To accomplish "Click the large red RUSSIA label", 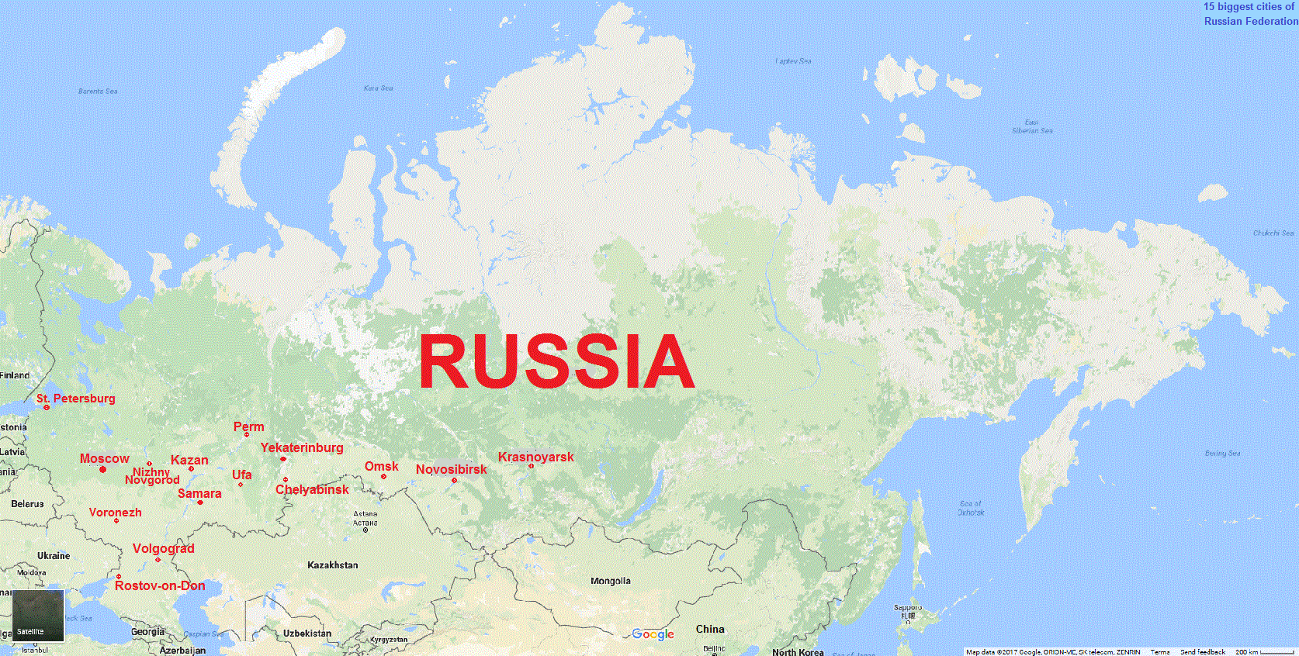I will point(556,361).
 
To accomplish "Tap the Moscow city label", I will point(105,458).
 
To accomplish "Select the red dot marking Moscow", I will point(102,469).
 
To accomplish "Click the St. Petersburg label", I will point(76,399).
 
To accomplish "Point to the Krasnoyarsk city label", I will point(536,457).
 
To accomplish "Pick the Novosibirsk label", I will point(452,469).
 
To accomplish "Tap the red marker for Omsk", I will point(383,476).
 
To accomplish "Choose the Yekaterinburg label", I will point(302,447).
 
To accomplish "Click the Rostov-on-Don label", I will point(160,585).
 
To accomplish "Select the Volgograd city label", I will point(164,548).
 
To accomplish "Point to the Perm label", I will point(249,426).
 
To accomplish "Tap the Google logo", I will point(653,634).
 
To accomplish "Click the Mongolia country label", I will point(611,581).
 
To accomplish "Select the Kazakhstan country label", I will point(333,565).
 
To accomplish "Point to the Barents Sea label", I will point(98,91).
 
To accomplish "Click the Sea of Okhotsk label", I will point(971,508).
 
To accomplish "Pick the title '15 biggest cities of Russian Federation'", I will point(1250,14).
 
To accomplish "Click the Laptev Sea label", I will point(793,60).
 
